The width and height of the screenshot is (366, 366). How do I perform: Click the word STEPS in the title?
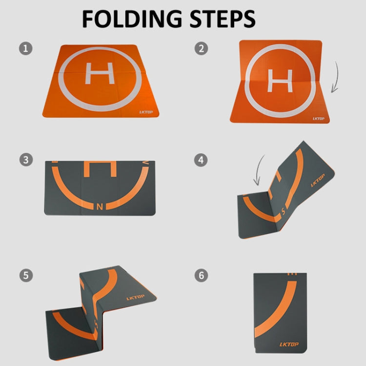[x=221, y=19]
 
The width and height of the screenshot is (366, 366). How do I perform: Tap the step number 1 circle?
[x=25, y=48]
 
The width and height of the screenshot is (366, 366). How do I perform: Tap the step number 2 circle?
[x=200, y=48]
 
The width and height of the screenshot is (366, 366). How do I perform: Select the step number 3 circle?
[x=25, y=160]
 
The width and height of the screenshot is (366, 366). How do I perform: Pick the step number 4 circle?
[x=200, y=160]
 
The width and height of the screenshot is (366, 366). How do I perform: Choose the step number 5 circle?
[x=25, y=275]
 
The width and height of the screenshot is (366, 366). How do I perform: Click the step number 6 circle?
[x=200, y=275]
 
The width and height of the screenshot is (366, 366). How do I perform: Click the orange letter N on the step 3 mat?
[x=101, y=206]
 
